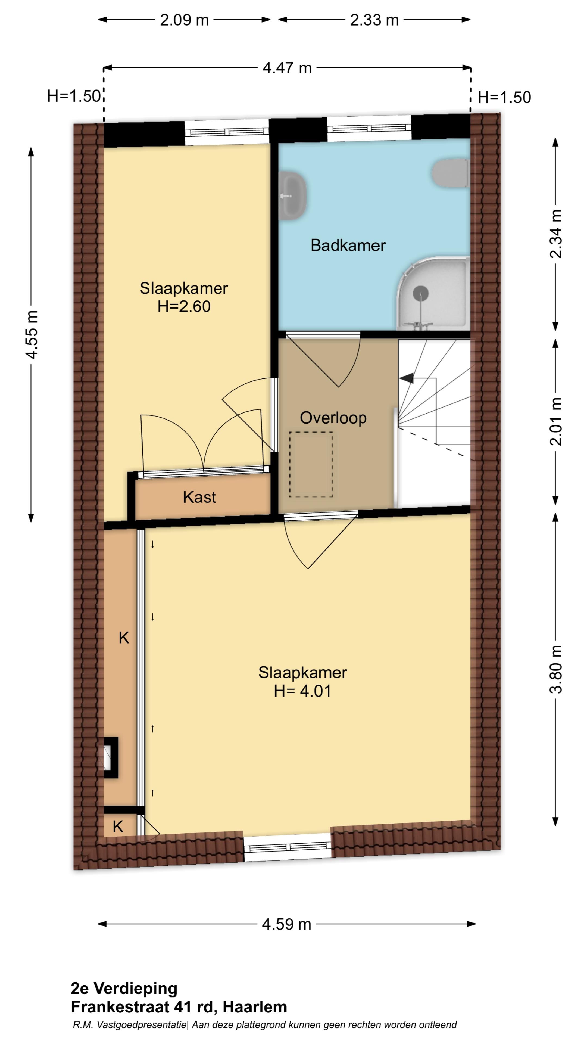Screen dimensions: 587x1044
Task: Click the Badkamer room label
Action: click(x=348, y=245)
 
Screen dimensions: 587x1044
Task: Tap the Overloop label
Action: click(x=333, y=418)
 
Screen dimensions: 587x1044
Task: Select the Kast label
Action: click(x=199, y=497)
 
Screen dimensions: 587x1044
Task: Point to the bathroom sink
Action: click(x=292, y=196)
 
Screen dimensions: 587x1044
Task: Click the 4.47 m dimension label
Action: click(x=287, y=68)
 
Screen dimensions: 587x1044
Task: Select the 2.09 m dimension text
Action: click(x=184, y=20)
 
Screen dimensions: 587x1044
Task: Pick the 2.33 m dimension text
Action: click(x=374, y=20)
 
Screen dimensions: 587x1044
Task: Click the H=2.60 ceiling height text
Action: click(x=184, y=306)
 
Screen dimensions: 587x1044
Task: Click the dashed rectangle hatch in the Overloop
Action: click(x=311, y=464)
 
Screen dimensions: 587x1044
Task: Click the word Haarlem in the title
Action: click(x=255, y=1007)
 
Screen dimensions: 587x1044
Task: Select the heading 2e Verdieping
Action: click(x=124, y=989)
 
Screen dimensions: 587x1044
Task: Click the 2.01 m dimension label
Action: click(x=556, y=421)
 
